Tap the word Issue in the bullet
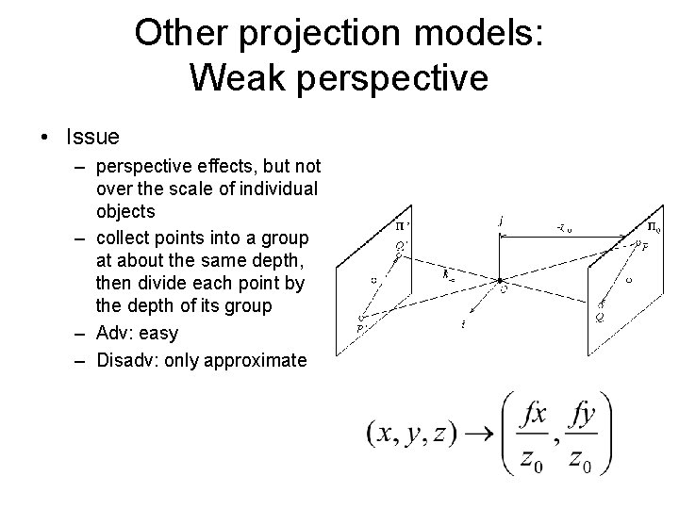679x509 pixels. point(92,137)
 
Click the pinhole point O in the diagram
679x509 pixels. point(499,280)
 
